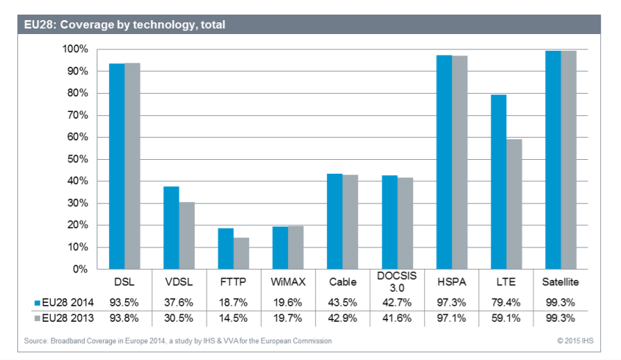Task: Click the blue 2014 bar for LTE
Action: point(498,182)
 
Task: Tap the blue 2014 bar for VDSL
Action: point(171,228)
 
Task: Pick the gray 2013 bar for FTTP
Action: point(241,253)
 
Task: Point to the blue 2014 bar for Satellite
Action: point(553,160)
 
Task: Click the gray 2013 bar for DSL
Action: point(132,166)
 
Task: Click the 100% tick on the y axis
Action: point(75,49)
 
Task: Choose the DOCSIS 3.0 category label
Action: point(396,282)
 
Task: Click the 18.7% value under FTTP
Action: point(233,302)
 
